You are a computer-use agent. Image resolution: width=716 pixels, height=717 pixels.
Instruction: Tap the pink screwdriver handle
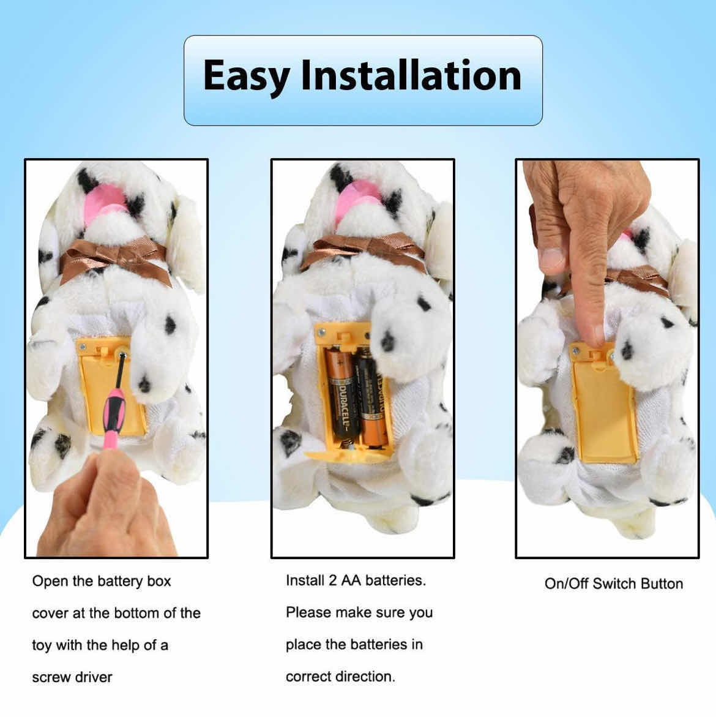pos(115,421)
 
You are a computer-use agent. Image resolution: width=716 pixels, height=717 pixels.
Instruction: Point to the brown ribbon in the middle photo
pos(361,251)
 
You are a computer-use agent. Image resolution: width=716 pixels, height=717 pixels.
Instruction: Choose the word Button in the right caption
pos(662,584)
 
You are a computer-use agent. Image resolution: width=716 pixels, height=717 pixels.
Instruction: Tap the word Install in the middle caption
pos(304,580)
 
